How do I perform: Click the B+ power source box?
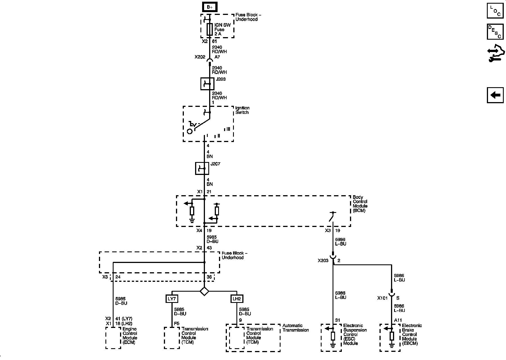click(x=209, y=7)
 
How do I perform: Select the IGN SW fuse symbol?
click(x=209, y=29)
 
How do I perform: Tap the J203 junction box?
click(x=207, y=84)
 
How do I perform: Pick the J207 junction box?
click(x=202, y=168)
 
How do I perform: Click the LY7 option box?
click(x=172, y=299)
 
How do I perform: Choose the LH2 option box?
click(x=237, y=299)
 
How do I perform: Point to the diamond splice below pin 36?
click(x=204, y=291)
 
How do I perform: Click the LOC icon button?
click(x=495, y=11)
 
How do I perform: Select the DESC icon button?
click(x=495, y=32)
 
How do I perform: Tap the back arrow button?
click(x=495, y=95)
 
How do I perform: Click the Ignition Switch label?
click(x=242, y=110)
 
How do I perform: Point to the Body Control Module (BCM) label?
click(x=360, y=204)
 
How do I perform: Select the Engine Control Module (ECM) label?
click(x=130, y=336)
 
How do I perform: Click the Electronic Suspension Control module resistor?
click(x=333, y=336)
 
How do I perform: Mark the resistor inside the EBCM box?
click(x=392, y=336)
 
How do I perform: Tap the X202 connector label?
click(x=200, y=57)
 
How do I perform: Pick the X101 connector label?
click(x=382, y=298)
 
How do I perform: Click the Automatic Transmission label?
click(x=295, y=328)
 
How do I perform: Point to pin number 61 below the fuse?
click(x=214, y=41)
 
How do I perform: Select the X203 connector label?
click(x=323, y=261)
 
